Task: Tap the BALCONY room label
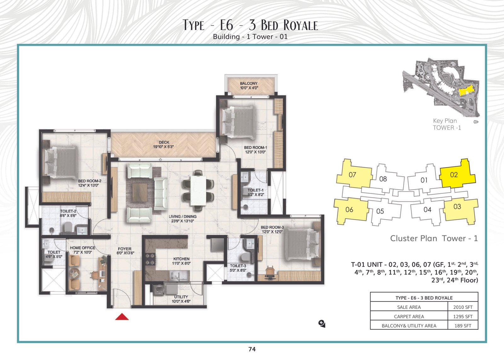(249, 83)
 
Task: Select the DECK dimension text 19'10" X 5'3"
(163, 147)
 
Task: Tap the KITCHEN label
(181, 259)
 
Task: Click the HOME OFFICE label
(82, 248)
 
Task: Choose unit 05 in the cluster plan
(380, 211)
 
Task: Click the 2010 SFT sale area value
(463, 307)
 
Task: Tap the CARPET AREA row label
(409, 317)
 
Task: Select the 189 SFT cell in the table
(463, 326)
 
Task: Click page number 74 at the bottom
(252, 349)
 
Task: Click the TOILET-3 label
(238, 266)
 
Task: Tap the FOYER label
(125, 249)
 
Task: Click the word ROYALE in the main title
(301, 25)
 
